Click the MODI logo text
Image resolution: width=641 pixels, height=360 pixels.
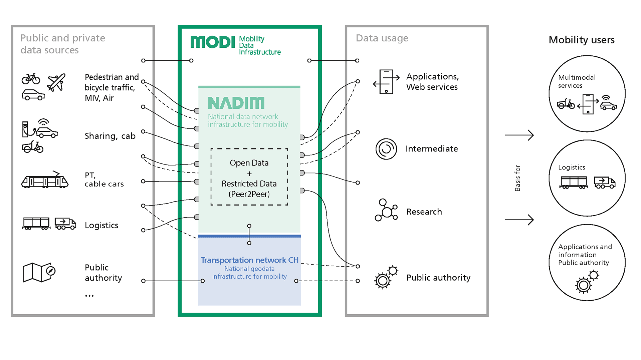click(213, 42)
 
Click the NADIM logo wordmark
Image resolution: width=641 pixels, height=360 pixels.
click(236, 103)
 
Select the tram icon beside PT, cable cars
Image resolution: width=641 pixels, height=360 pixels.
click(45, 181)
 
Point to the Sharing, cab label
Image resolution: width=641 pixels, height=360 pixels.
click(110, 136)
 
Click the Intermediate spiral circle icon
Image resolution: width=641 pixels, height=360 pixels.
click(386, 149)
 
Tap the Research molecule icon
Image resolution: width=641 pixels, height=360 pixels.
click(386, 210)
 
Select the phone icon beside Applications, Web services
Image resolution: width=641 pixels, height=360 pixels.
click(386, 82)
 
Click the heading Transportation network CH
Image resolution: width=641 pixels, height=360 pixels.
click(249, 260)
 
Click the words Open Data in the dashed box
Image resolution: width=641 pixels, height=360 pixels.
click(249, 163)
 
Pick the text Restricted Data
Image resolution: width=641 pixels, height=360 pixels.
click(249, 184)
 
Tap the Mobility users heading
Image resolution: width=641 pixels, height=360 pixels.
click(581, 40)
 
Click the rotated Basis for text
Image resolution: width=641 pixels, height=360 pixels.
click(517, 178)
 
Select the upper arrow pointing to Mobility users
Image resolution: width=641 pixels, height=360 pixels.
click(519, 135)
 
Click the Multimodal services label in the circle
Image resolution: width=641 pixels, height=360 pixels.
click(577, 81)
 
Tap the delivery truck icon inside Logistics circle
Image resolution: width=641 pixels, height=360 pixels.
click(604, 183)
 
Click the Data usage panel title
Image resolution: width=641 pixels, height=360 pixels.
click(382, 38)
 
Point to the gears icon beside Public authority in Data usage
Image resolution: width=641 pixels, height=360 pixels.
click(386, 277)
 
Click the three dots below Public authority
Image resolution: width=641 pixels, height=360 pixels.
click(89, 296)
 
